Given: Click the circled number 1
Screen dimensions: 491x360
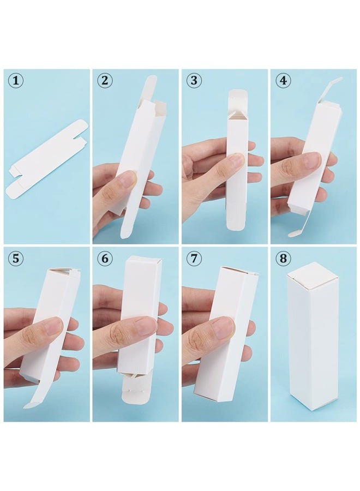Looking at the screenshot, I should pos(16,81).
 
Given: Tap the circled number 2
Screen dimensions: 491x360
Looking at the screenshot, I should pos(105,81).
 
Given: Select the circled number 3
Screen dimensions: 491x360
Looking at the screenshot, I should pos(194,81).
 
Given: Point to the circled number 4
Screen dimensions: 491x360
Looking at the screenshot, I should pos(283,81).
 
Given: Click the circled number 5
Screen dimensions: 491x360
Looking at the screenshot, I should pos(16,259).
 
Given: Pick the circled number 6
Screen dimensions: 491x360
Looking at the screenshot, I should pos(105,259).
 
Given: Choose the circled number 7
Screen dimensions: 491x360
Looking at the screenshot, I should pos(194,259).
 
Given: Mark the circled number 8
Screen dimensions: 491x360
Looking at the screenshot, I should pos(283,259).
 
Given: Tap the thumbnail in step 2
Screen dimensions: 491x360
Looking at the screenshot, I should pos(127,177).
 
